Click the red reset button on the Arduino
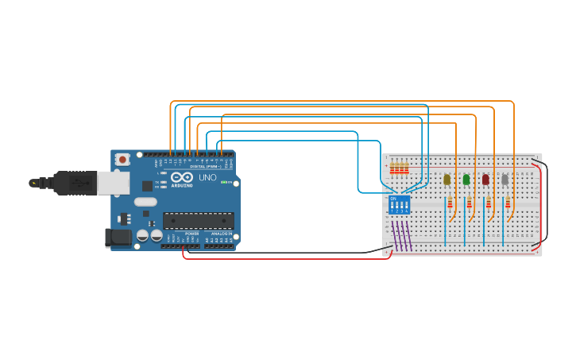coord(122,159)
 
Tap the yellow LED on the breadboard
coord(446,180)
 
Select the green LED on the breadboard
coord(466,180)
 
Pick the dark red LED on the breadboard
coord(485,180)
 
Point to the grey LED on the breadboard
coord(504,180)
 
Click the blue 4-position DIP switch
coord(400,204)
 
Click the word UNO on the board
coord(207,178)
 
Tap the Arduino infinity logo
coord(181,177)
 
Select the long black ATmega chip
coord(198,220)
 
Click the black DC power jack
coord(118,237)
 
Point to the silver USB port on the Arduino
coord(113,183)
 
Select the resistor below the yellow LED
coord(450,203)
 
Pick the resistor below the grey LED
coord(508,203)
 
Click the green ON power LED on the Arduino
coord(225,183)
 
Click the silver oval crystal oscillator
coord(145,202)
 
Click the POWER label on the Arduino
coord(191,234)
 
